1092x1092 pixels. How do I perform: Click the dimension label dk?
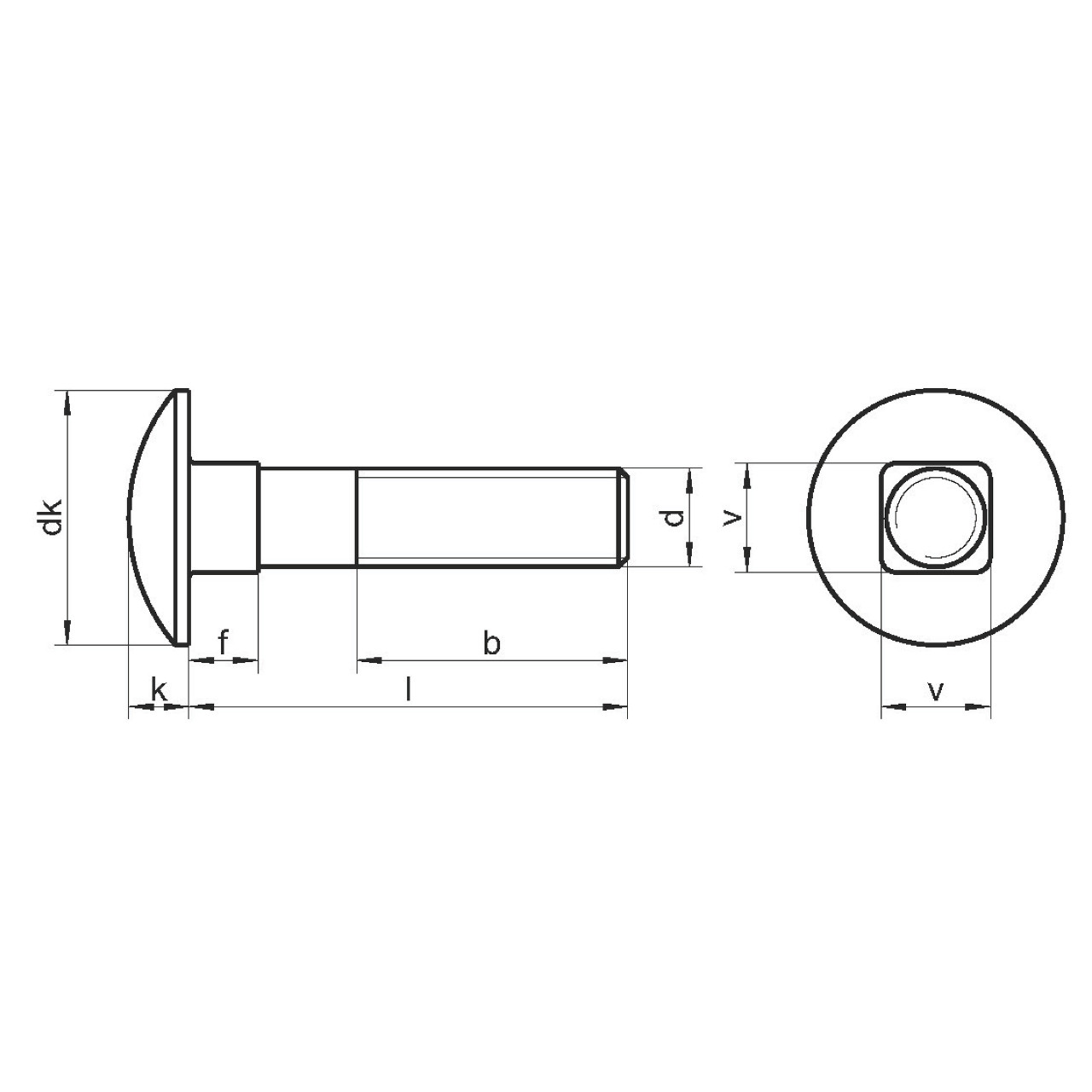52,516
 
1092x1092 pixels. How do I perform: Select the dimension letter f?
224,643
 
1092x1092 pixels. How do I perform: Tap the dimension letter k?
160,689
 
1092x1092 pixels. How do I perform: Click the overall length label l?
408,689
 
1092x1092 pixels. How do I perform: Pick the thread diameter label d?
672,517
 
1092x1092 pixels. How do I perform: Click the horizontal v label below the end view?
936,691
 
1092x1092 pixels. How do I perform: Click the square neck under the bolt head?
224,517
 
